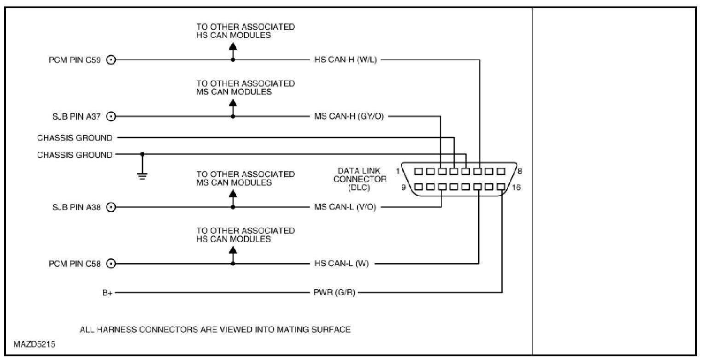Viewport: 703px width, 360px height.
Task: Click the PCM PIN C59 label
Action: coord(75,60)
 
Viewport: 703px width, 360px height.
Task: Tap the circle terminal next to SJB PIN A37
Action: coord(111,116)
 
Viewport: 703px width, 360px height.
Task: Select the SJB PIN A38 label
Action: coord(76,207)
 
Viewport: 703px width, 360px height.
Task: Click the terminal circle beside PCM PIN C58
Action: coord(111,264)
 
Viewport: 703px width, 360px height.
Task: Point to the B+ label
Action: coord(107,293)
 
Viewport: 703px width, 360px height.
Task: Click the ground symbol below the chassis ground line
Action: coord(142,176)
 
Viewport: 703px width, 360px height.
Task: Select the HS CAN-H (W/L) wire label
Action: coord(345,60)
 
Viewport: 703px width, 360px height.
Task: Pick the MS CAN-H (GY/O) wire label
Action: coord(349,116)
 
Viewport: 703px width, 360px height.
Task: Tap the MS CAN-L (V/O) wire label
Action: coord(345,207)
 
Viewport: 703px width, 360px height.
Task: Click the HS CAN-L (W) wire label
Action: coord(341,264)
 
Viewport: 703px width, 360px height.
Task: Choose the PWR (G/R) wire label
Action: coord(334,293)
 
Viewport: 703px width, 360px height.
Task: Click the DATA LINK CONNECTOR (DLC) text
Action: coord(360,179)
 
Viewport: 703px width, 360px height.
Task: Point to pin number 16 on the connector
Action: coord(516,187)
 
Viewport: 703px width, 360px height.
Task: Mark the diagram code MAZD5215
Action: coord(32,344)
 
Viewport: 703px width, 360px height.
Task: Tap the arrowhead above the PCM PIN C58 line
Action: coord(233,250)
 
